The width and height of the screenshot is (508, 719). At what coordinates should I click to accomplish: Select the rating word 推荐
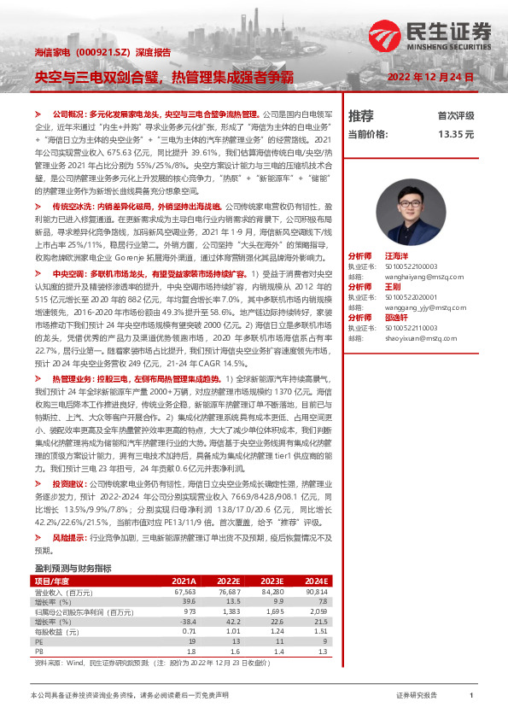click(x=361, y=115)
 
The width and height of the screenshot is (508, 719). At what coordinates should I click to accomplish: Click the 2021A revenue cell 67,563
click(x=184, y=591)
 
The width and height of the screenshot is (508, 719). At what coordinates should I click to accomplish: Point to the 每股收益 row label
click(x=51, y=633)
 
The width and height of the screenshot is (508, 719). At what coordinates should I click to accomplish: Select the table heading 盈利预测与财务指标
click(x=73, y=568)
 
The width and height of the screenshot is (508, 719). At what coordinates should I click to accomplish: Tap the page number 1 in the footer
click(x=472, y=696)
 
